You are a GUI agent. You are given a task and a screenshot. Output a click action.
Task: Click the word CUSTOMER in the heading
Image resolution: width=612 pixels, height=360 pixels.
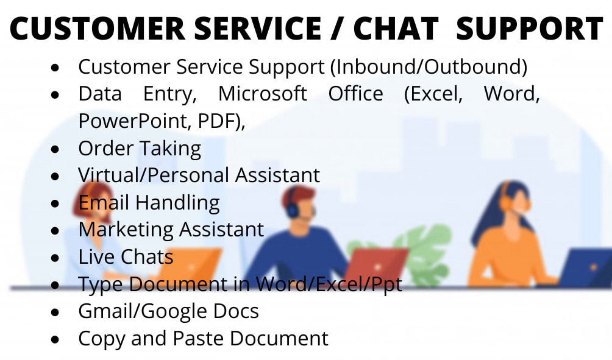tap(98, 29)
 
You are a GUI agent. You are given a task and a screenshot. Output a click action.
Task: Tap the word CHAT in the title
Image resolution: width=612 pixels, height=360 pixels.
tap(396, 29)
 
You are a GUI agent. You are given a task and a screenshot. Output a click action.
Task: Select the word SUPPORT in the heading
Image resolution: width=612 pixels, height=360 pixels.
tap(530, 29)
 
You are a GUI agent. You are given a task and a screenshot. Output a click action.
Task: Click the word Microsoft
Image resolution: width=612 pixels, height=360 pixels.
tap(263, 94)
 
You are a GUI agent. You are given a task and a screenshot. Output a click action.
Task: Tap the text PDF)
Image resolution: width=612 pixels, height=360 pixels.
tap(221, 121)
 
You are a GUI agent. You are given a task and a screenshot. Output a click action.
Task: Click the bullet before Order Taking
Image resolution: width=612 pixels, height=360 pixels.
tap(55, 149)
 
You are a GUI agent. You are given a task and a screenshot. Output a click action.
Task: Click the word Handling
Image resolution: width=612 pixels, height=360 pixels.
tap(177, 203)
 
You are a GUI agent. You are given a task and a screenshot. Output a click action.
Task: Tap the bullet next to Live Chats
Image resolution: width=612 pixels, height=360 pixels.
tap(55, 258)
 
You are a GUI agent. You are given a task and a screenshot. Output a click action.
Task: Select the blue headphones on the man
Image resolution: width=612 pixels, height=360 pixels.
tap(291, 205)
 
